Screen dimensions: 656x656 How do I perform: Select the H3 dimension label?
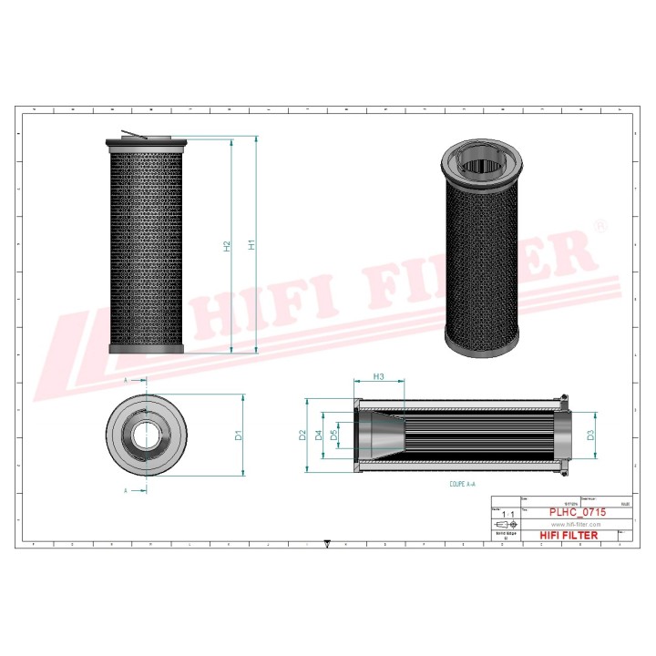coord(378,376)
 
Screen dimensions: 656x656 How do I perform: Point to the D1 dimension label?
coord(238,436)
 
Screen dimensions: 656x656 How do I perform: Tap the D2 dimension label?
coord(302,436)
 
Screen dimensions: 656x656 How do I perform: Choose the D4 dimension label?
coord(319,436)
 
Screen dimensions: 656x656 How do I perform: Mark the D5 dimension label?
coord(334,436)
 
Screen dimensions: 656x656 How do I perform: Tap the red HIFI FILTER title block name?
coord(569,536)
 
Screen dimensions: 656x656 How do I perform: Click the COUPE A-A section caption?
coord(463,487)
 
